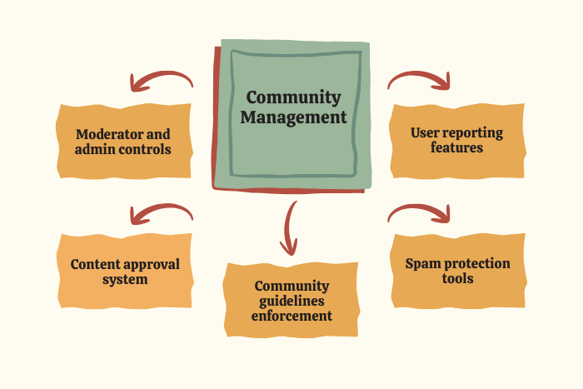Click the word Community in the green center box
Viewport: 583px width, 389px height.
(293, 98)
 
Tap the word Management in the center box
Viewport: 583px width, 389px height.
(293, 117)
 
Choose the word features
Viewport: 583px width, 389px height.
(457, 147)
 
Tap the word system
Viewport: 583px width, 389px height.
(125, 279)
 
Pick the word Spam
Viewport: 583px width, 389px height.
(423, 263)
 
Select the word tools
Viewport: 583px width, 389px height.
(457, 278)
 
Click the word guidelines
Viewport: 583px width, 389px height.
(291, 301)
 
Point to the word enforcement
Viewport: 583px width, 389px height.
(291, 316)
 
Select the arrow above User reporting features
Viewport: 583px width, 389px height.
(420, 80)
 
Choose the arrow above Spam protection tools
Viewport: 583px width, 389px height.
(420, 214)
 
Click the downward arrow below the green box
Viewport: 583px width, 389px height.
(289, 227)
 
